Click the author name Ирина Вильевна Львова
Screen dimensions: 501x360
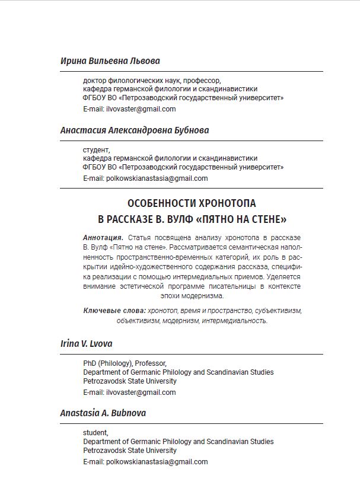pos(110,61)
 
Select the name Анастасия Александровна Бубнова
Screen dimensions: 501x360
pos(134,130)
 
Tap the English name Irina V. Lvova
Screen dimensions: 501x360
pos(86,343)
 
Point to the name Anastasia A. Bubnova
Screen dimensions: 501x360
pos(103,413)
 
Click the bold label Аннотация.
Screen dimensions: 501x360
pos(103,238)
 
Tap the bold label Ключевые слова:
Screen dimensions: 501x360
pos(114,311)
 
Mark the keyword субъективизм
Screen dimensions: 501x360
pos(278,311)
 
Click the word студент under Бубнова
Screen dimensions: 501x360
pos(96,150)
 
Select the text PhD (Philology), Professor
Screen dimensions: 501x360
pos(125,363)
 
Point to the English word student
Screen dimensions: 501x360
pos(95,433)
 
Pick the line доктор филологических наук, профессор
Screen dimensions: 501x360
pos(151,81)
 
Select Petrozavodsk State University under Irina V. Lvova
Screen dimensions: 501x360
pos(129,381)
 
